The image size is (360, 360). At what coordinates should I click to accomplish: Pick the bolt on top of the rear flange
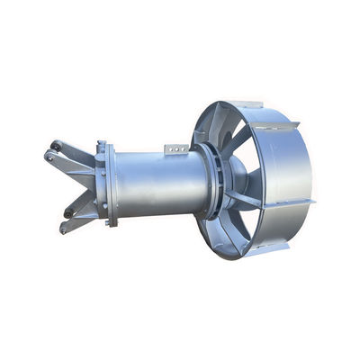pyautogui.click(x=101, y=144)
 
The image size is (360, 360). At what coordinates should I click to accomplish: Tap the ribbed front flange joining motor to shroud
pyautogui.click(x=211, y=180)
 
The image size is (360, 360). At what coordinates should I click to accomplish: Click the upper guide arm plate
pyautogui.click(x=77, y=157)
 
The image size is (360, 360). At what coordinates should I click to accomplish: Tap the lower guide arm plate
pyautogui.click(x=81, y=207)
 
